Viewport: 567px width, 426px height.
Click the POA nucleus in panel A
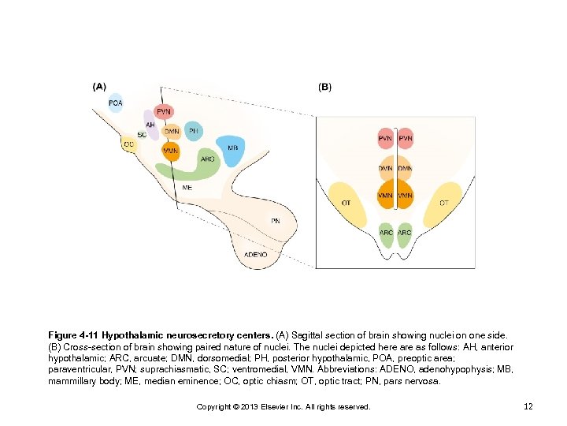tap(115, 103)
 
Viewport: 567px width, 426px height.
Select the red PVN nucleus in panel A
tap(163, 112)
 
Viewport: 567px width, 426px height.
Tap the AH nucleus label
tap(150, 125)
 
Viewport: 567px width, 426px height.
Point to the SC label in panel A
tap(142, 135)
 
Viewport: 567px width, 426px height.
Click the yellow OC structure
tap(128, 144)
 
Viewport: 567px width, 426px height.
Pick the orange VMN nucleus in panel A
tap(170, 150)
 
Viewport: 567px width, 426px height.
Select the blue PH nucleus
tap(194, 130)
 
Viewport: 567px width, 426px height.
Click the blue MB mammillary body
tap(232, 149)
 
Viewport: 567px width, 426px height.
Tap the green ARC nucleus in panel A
tap(206, 159)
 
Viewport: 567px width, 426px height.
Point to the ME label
tap(187, 188)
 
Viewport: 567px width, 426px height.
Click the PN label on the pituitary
tap(275, 220)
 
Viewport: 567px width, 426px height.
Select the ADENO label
tap(256, 255)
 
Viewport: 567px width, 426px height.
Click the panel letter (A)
tap(100, 86)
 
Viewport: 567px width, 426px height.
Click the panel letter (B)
tap(324, 87)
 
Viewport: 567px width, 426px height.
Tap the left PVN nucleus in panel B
tap(385, 139)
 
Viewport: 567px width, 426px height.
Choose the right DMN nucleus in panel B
tap(405, 168)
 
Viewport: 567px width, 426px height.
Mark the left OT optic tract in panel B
tap(346, 204)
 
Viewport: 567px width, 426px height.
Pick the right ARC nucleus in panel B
tap(404, 233)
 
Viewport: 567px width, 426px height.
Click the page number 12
tap(529, 406)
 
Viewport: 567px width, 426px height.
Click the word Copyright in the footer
tap(214, 406)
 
